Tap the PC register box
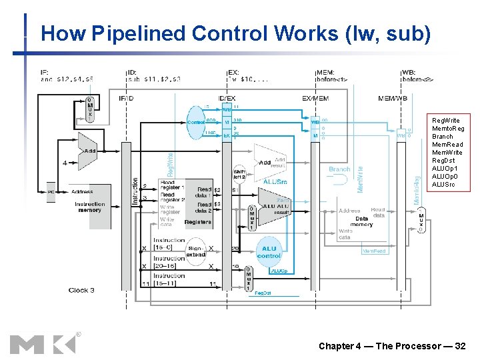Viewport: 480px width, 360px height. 51,192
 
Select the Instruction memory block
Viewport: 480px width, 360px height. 89,207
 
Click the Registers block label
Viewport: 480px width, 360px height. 197,222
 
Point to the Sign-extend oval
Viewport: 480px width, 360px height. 196,251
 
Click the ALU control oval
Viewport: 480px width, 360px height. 269,251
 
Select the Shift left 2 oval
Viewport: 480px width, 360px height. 239,174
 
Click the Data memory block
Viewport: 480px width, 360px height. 361,221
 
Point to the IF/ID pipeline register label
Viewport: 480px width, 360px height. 126,99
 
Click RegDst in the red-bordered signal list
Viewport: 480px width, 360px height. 443,161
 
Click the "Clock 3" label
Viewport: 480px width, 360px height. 81,290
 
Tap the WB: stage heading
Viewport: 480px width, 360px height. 409,72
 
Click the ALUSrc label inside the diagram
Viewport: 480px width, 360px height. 275,181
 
